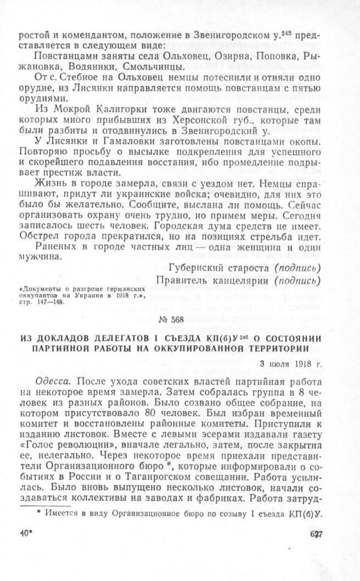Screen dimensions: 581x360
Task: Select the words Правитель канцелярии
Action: [x=212, y=281]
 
